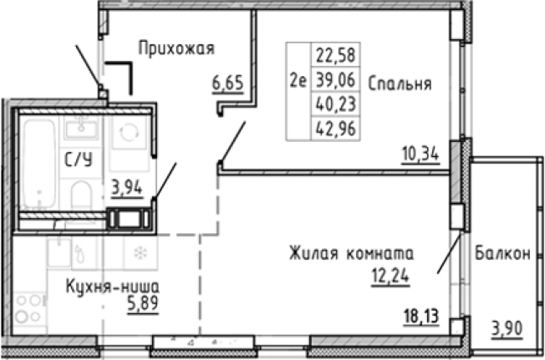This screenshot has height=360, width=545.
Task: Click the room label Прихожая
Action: (x=176, y=48)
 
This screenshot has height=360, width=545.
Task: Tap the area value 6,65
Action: (x=228, y=85)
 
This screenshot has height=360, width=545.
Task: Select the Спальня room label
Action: (x=399, y=84)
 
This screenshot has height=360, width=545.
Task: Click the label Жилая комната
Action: (x=351, y=253)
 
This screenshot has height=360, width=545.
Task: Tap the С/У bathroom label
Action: (x=79, y=160)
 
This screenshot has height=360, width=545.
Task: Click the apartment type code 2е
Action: (x=297, y=81)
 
